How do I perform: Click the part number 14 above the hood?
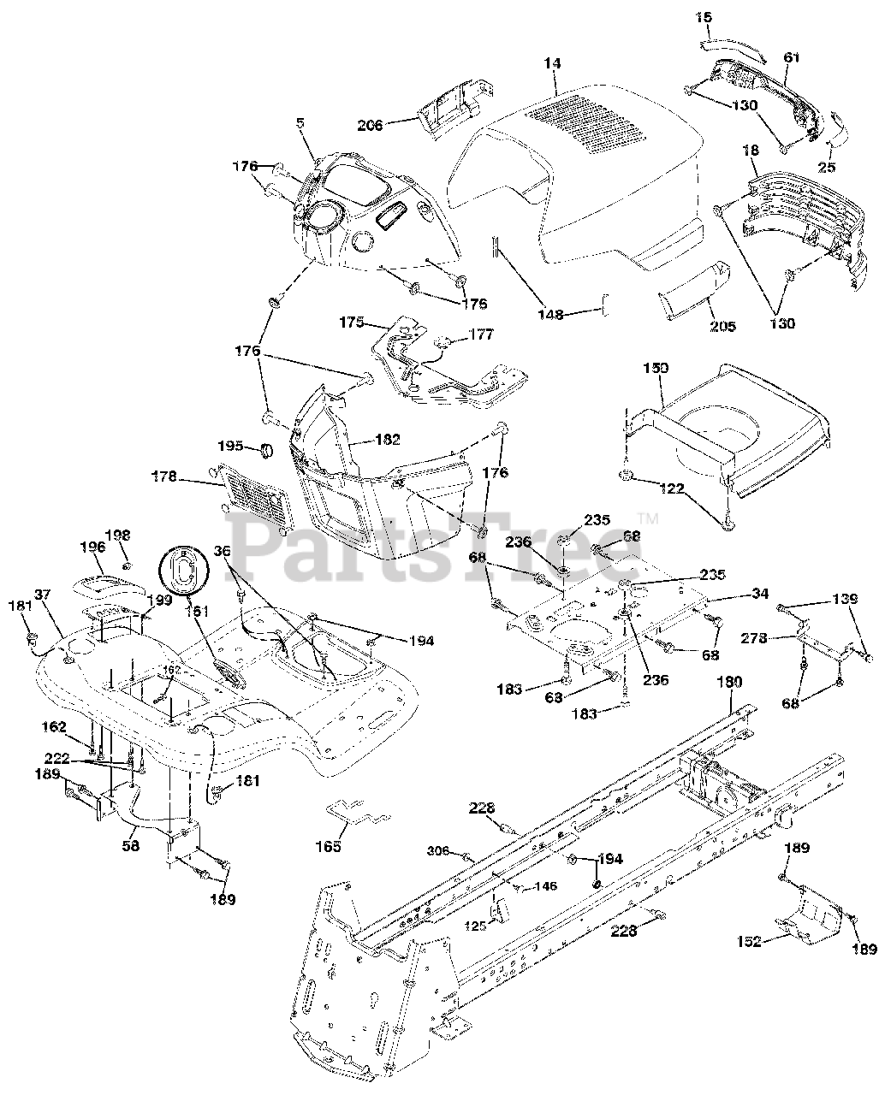(553, 62)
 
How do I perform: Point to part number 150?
(656, 369)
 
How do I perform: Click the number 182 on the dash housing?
(387, 440)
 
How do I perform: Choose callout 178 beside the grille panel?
(166, 476)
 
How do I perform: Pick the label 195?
(230, 446)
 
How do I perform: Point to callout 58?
(131, 843)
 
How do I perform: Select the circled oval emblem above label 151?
(182, 569)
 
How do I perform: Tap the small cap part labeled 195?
(265, 448)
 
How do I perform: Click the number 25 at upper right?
(827, 168)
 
